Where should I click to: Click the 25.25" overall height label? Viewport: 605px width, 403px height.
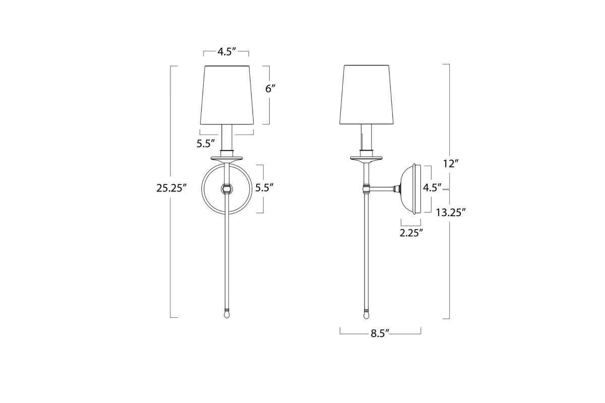pos(171,188)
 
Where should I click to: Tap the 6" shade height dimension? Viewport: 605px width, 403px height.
pos(270,89)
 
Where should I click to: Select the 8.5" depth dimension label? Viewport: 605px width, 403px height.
pos(380,334)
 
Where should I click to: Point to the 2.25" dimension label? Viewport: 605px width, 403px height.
pos(411,233)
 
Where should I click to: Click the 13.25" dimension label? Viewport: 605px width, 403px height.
pos(451,213)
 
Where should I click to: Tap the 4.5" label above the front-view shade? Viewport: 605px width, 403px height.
pos(227,52)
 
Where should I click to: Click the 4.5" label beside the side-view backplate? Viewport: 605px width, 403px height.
pos(432,188)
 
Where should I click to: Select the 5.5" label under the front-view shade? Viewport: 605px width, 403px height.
pos(206,144)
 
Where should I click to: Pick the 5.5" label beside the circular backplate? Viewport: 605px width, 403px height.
pos(264,188)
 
